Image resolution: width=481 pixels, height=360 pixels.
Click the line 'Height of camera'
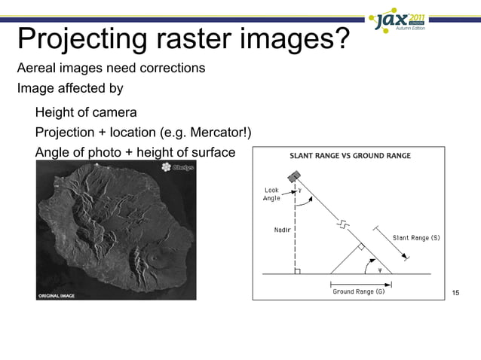[x=86, y=114]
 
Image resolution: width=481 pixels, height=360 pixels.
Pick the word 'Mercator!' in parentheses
[x=220, y=134]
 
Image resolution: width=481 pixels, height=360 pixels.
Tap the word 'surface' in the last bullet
[x=213, y=154]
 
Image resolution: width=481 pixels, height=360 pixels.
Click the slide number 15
[x=455, y=292]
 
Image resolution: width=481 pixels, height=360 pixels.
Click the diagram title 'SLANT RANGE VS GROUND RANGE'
[x=351, y=157]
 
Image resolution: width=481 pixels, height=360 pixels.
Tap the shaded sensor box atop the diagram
[x=294, y=175]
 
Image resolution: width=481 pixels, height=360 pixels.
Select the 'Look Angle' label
[x=271, y=194]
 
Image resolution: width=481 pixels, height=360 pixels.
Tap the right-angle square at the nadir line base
[x=299, y=270]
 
